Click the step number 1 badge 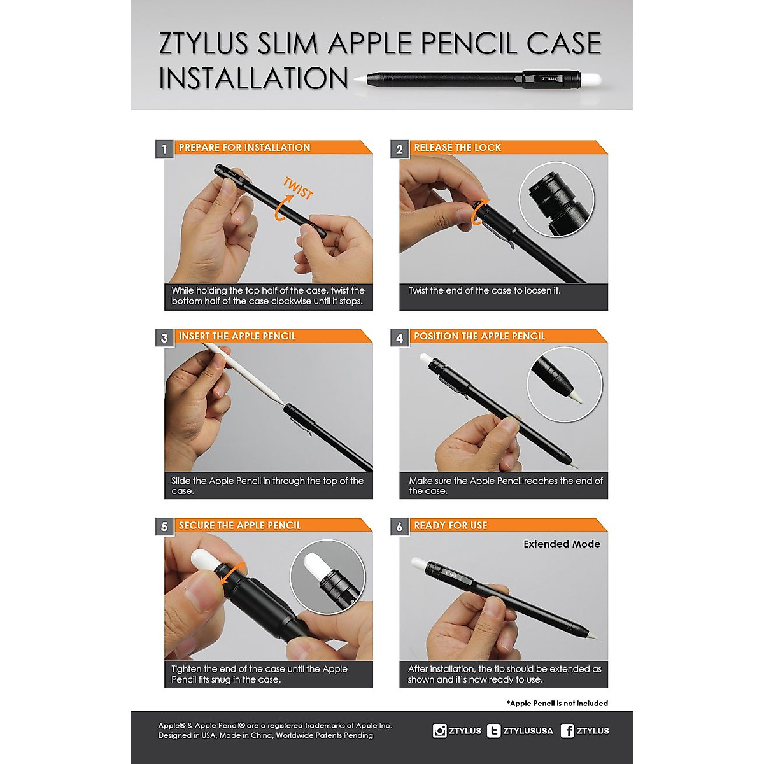pos(164,150)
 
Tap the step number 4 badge pos(399,338)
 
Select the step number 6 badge pos(399,527)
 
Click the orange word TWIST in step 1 pos(298,188)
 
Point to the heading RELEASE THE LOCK pos(457,148)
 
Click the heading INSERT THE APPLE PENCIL pos(237,336)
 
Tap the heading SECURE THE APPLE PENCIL pos(239,525)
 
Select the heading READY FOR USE pos(450,525)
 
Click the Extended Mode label pos(562,544)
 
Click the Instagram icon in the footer pos(439,731)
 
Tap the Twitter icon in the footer pos(493,731)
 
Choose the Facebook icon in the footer pos(567,731)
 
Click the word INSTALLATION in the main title pos(253,78)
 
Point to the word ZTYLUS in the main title pos(204,43)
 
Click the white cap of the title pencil pos(591,80)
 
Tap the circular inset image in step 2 pos(556,199)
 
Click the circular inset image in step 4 pos(564,385)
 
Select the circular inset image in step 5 pos(328,577)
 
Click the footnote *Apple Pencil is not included pos(557,704)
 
